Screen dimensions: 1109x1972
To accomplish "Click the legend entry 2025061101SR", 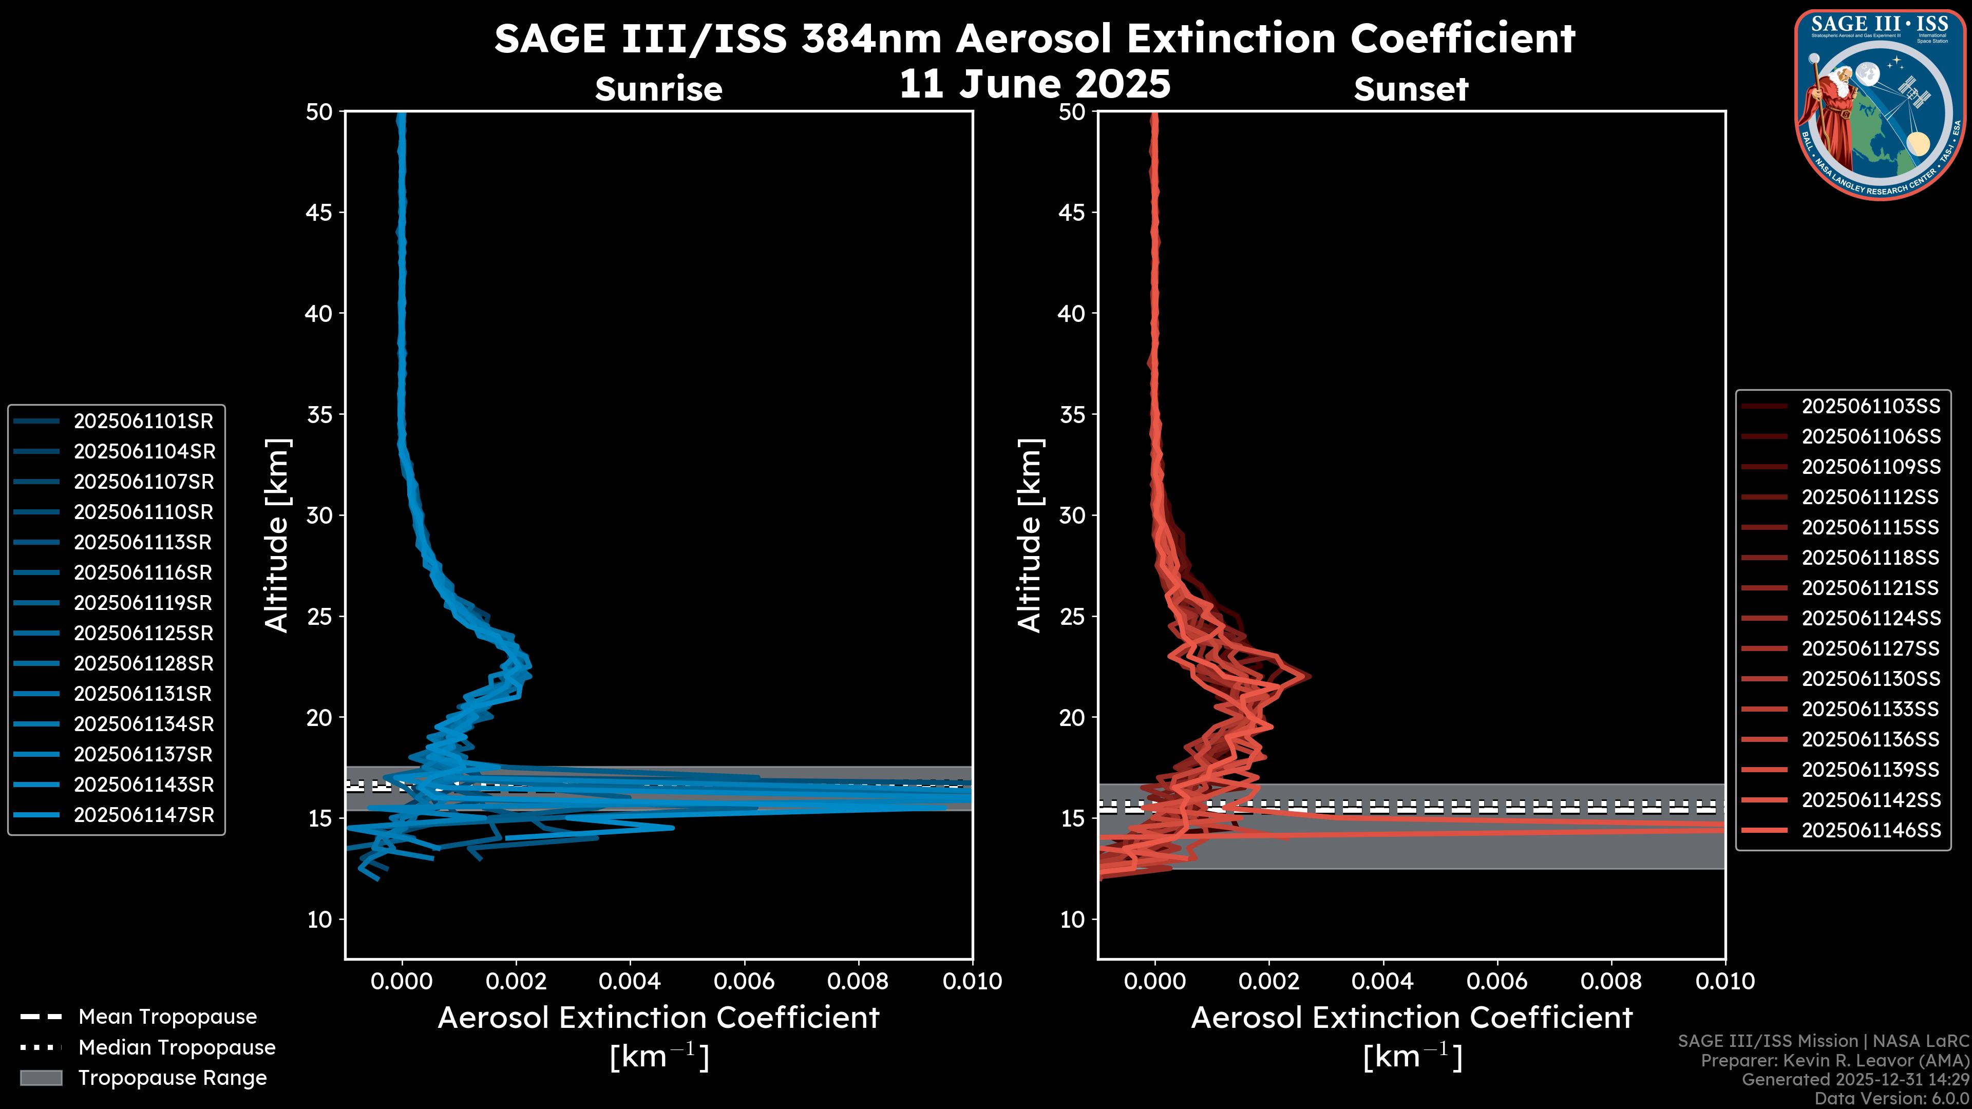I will (x=143, y=421).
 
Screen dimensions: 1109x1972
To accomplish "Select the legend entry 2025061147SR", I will (x=143, y=815).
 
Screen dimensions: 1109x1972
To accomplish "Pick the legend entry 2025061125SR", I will (x=143, y=633).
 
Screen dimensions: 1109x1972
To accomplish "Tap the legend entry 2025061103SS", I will (x=1870, y=407).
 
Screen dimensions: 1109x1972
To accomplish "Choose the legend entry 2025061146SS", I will (x=1870, y=830).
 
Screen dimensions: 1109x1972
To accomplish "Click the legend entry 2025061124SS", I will (x=1870, y=618).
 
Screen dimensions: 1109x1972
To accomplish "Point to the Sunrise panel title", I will (x=658, y=89).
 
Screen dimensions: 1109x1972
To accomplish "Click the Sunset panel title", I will (x=1411, y=89).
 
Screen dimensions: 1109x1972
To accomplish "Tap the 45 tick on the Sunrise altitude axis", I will (x=319, y=212).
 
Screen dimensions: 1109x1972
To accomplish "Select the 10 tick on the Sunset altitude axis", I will (x=1072, y=919).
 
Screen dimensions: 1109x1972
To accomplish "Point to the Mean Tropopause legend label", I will (x=167, y=1017).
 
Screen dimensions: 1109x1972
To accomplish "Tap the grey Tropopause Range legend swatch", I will (x=41, y=1078).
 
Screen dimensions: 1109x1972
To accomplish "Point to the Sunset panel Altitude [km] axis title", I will (x=1030, y=536).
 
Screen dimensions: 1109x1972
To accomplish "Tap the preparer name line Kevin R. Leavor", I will (x=1834, y=1061).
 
